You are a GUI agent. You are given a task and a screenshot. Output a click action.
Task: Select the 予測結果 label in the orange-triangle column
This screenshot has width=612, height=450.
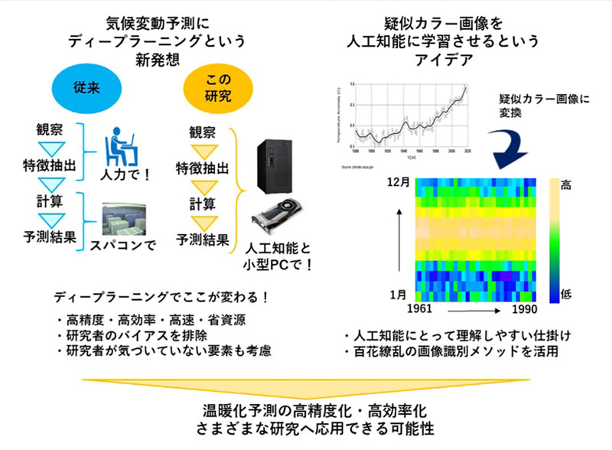click(203, 240)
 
